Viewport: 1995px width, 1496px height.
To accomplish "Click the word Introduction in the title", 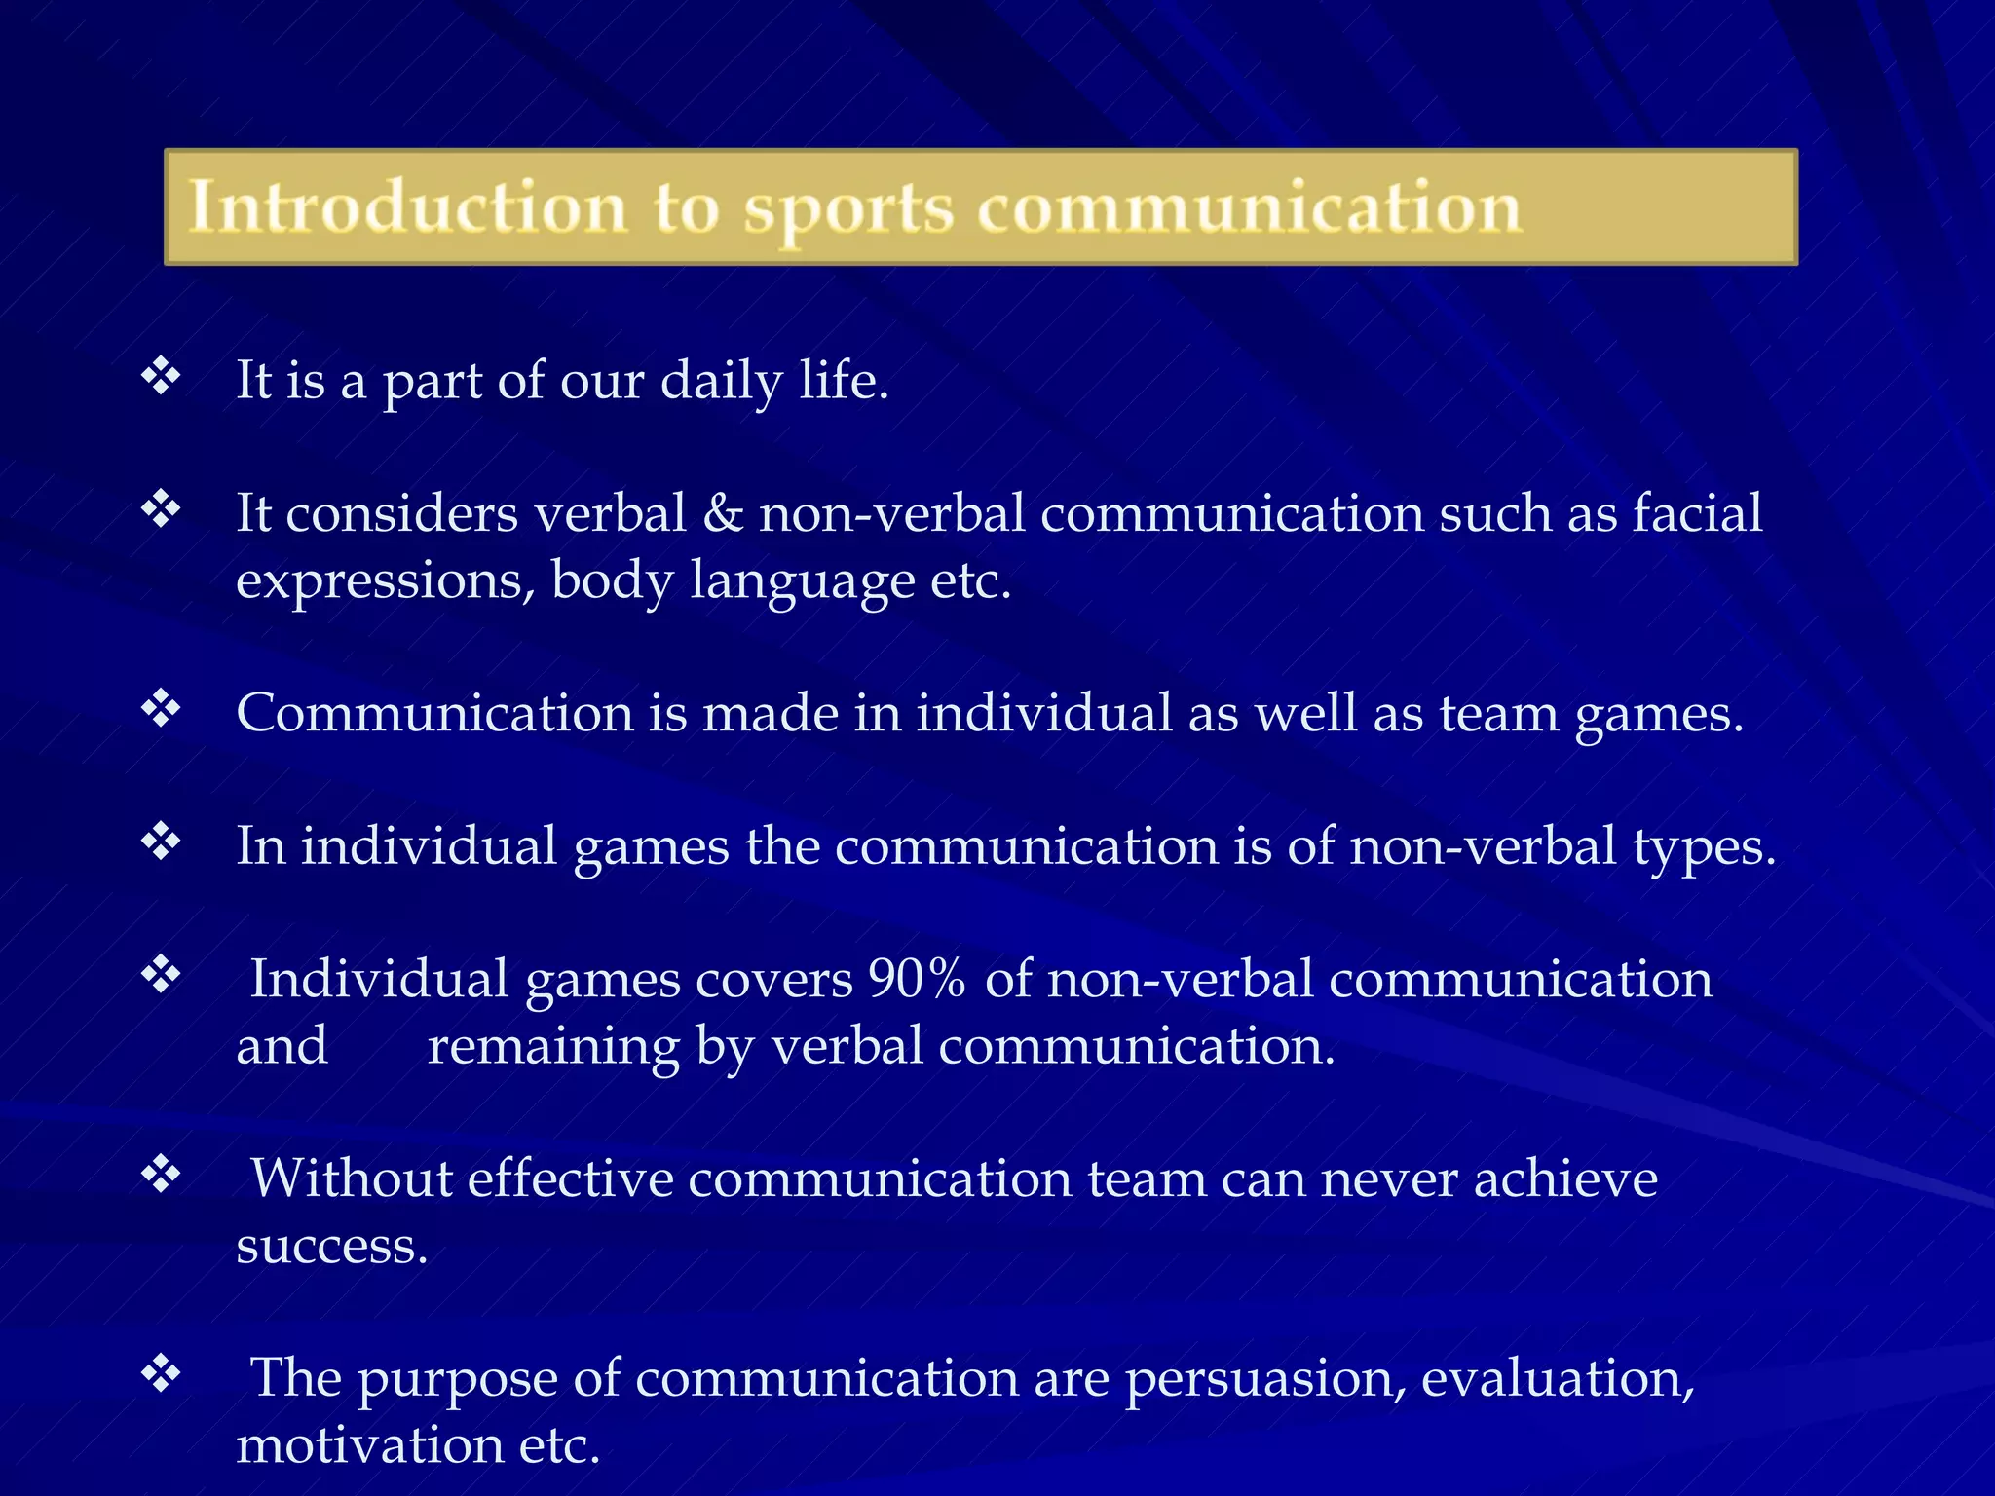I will click(407, 207).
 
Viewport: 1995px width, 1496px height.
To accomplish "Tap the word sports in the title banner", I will click(847, 209).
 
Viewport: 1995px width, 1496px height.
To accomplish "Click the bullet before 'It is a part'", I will click(162, 376).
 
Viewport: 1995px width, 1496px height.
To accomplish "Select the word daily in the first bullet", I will click(721, 381).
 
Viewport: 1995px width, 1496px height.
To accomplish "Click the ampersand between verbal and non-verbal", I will click(722, 513).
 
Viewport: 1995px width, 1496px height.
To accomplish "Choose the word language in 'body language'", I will click(802, 582).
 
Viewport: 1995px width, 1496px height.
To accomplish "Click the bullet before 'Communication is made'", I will click(162, 709).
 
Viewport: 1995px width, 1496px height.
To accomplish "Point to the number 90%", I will click(917, 980).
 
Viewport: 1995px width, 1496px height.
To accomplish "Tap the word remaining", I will click(553, 1048).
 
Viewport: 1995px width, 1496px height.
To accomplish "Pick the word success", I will click(331, 1247).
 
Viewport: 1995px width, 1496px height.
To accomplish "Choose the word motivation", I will click(369, 1445).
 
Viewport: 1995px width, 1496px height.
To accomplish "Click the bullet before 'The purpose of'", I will click(162, 1374).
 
